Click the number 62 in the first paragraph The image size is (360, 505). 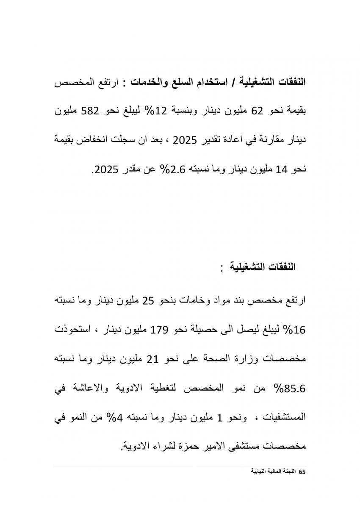tap(258, 111)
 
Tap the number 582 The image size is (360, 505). tap(91, 111)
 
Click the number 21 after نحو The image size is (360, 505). tap(152, 360)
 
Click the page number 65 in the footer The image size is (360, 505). tap(302, 472)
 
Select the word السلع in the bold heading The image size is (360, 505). tap(178, 82)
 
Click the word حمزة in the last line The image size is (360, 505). tap(168, 447)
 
